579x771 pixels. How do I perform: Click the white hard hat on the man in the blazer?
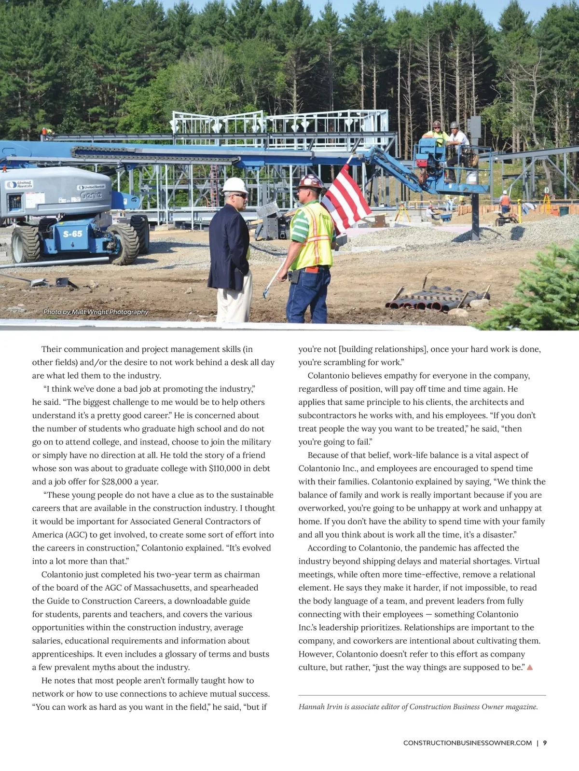(x=235, y=185)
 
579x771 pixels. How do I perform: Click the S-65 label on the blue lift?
(x=73, y=234)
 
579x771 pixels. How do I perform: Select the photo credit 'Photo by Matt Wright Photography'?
(x=96, y=312)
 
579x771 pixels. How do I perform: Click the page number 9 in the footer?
(x=545, y=743)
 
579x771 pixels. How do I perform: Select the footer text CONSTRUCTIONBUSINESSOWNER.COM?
(x=468, y=743)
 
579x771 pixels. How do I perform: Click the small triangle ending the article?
(x=530, y=667)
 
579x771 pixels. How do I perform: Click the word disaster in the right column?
(x=499, y=535)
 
